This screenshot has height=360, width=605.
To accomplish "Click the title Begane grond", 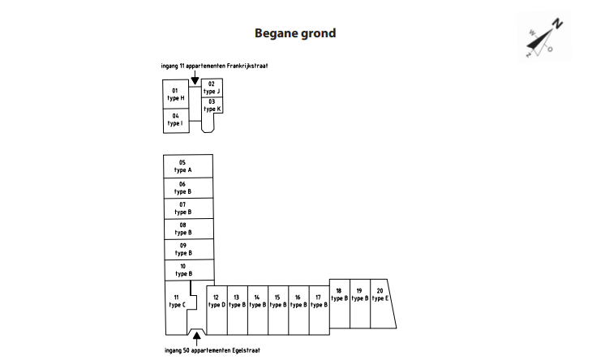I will click(x=295, y=33).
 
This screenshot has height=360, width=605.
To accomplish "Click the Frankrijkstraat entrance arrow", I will click(x=195, y=78).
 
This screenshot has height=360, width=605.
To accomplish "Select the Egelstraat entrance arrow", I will click(x=195, y=334).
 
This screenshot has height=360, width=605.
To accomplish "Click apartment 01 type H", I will click(x=175, y=94).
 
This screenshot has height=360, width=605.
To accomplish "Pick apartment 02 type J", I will click(x=212, y=88).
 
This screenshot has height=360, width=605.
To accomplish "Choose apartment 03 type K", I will click(x=212, y=105).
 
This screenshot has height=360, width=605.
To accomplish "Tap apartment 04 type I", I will click(x=175, y=120).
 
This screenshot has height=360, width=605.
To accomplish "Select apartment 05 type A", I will click(x=183, y=166).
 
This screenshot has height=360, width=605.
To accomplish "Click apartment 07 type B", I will click(x=183, y=208).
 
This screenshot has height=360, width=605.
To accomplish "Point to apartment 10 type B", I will click(x=183, y=270).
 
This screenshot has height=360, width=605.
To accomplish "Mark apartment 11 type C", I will click(x=177, y=302).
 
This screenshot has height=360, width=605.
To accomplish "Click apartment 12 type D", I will click(x=217, y=302).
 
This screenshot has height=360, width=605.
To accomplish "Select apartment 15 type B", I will click(x=277, y=302).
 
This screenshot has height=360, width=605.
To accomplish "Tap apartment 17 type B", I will click(x=319, y=302).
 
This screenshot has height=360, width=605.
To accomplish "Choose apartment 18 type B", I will click(x=339, y=295).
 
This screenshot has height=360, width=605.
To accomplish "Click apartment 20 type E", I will click(x=381, y=295).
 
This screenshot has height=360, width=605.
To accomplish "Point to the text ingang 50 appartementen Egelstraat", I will click(x=212, y=350).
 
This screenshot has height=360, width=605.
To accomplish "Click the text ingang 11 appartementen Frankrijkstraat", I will click(x=215, y=65).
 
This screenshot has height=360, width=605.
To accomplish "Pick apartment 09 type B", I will click(x=183, y=249).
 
